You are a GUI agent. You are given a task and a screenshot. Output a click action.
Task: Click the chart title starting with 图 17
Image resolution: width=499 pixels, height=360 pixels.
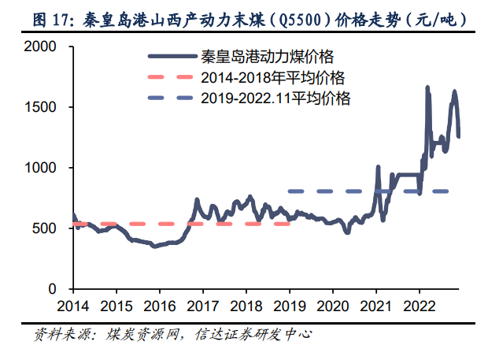point(249,17)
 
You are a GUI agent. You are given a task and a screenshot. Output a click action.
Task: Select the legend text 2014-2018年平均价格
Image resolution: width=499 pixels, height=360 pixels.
point(274,78)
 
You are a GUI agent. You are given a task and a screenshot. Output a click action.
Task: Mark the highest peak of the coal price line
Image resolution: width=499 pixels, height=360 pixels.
point(427,87)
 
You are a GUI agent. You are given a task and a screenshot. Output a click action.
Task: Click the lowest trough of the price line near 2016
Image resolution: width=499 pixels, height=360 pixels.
point(155,247)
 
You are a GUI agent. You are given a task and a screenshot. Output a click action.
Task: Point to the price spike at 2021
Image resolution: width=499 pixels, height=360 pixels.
point(379,168)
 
